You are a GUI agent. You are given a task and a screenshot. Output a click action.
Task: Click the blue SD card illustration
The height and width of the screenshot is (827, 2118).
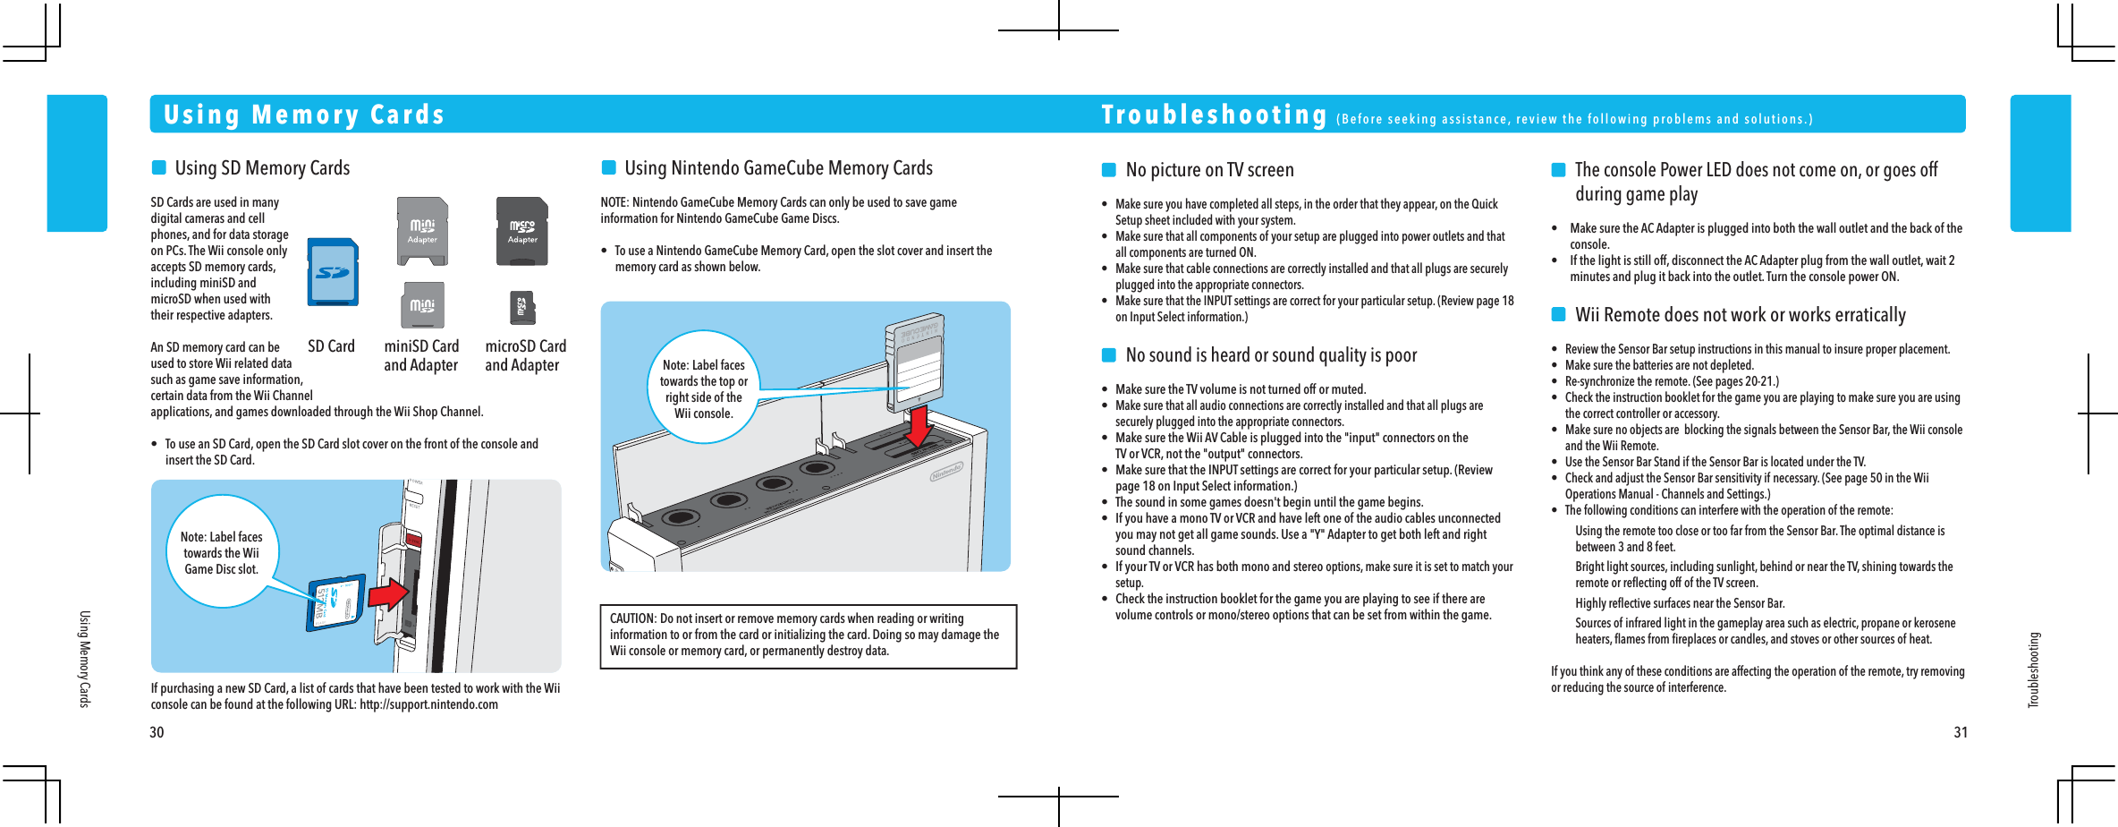tap(333, 272)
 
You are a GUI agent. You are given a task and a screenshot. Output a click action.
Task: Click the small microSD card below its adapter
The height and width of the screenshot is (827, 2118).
tap(522, 307)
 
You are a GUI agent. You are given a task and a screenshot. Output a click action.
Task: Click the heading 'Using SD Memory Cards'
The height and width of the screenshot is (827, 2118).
tap(262, 168)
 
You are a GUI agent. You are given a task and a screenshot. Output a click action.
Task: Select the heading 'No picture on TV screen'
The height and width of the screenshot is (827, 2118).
tap(1209, 170)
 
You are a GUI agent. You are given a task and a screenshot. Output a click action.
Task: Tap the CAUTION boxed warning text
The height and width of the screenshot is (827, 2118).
tap(808, 635)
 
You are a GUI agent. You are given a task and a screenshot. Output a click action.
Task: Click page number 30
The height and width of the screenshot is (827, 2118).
tap(157, 732)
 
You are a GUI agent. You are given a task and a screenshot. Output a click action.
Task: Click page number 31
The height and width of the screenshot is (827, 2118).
tap(1960, 732)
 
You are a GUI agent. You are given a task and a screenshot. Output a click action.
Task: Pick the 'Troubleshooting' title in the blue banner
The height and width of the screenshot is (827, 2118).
tap(1214, 115)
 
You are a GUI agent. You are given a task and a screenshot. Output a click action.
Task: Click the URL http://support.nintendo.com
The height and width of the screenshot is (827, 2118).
tap(428, 704)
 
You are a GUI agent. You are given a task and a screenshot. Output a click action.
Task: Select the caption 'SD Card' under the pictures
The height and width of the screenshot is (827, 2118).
tap(331, 346)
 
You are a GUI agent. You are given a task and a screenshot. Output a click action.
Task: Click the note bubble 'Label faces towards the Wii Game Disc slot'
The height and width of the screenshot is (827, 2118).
tap(222, 553)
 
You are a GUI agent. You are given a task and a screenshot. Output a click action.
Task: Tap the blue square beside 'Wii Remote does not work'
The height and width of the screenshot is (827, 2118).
tap(1558, 314)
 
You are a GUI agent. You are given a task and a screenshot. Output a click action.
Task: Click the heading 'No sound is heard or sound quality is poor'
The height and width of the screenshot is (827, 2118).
tap(1271, 355)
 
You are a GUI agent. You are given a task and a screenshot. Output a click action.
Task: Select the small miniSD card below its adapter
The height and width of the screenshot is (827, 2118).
tap(422, 306)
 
